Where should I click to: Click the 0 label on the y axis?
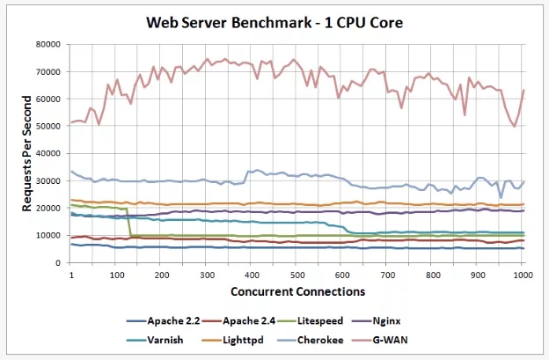point(59,262)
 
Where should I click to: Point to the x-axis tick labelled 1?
point(70,276)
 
